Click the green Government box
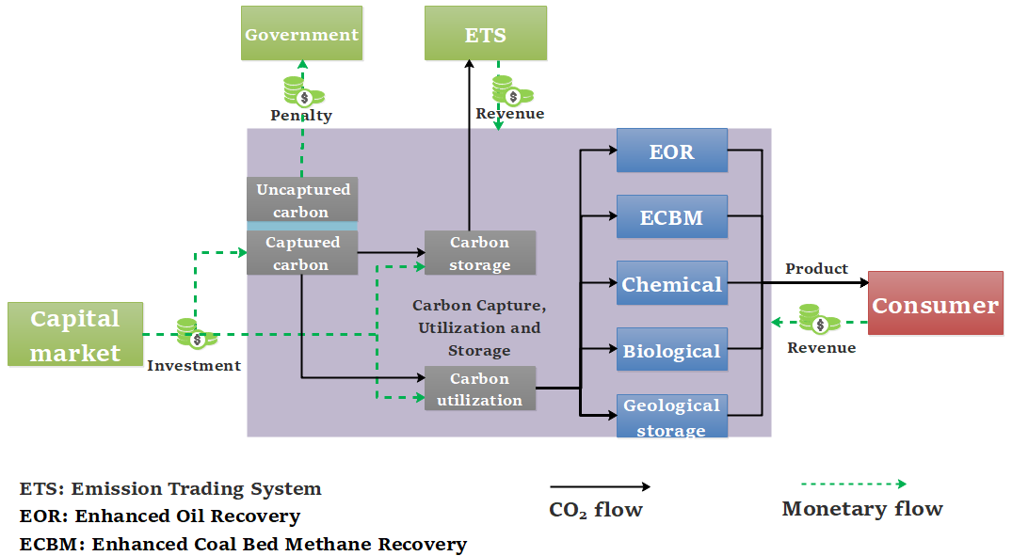click(x=301, y=34)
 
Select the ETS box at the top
click(x=485, y=34)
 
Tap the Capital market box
click(x=75, y=335)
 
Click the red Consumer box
click(x=935, y=304)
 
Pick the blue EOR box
click(x=671, y=151)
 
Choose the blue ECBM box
click(x=671, y=217)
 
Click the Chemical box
click(x=671, y=283)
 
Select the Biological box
click(x=671, y=351)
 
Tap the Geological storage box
click(x=671, y=417)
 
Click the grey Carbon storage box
click(x=479, y=253)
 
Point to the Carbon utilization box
click(x=479, y=389)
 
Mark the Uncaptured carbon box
click(x=301, y=200)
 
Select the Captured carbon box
click(x=301, y=253)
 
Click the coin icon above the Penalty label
click(x=303, y=91)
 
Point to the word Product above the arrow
click(x=816, y=268)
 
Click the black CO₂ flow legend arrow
click(x=600, y=486)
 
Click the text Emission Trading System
click(x=197, y=488)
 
